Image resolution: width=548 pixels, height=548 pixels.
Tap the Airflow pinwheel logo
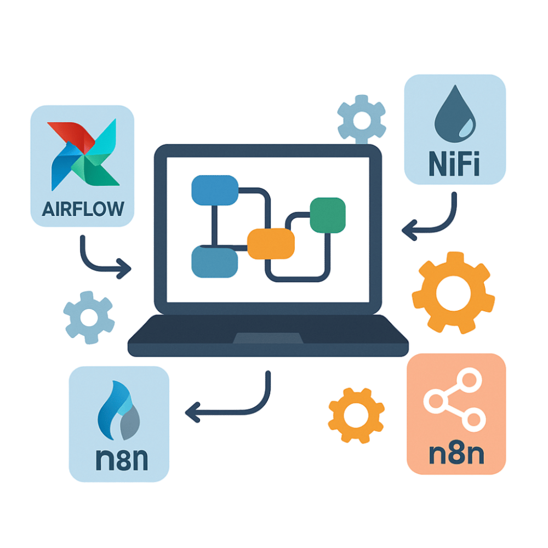[x=83, y=155]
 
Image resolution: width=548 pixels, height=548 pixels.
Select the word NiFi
[x=454, y=165]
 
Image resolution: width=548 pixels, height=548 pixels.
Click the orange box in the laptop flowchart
[x=271, y=243]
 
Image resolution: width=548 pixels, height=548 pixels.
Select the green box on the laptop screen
[x=328, y=214]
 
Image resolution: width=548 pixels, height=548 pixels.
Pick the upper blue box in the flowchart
[x=214, y=190]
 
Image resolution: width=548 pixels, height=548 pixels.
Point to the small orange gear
[x=356, y=414]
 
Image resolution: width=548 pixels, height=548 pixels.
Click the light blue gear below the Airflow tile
[x=89, y=317]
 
